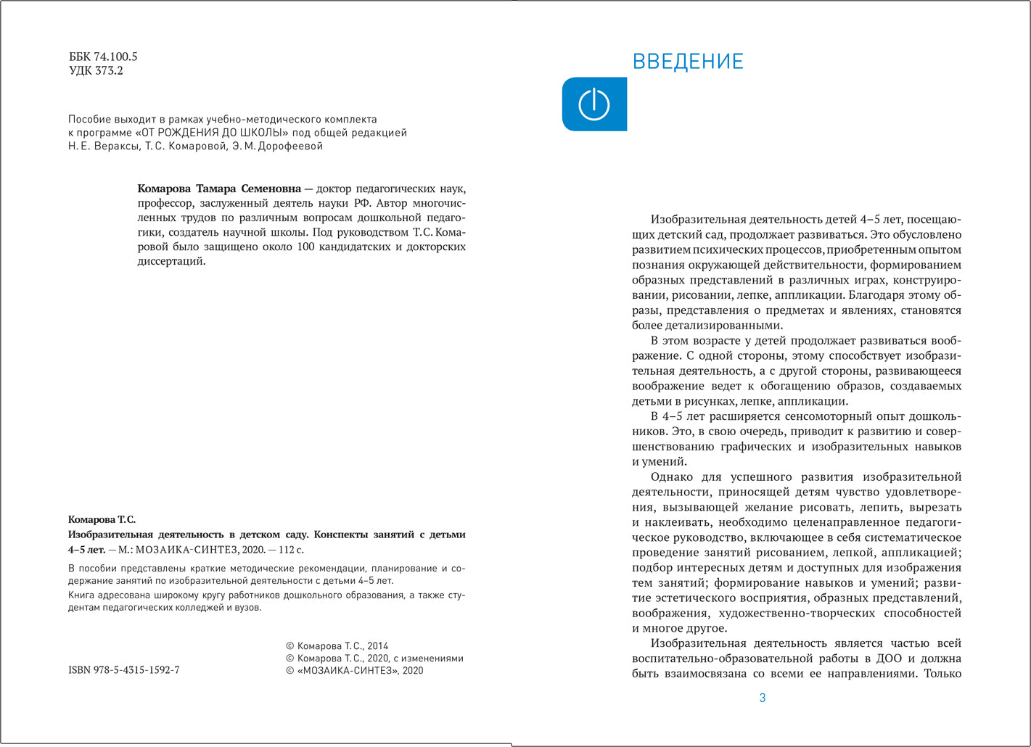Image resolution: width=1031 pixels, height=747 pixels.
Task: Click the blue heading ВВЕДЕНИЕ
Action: (x=688, y=62)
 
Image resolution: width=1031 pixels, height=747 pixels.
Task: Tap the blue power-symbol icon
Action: (x=593, y=104)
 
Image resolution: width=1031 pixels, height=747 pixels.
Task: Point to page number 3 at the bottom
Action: (x=762, y=698)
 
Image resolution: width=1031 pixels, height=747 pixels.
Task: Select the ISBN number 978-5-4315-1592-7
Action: (x=124, y=670)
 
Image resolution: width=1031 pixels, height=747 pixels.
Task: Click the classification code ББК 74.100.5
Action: (x=103, y=57)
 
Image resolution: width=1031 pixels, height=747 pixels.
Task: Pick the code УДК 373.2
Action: (x=96, y=71)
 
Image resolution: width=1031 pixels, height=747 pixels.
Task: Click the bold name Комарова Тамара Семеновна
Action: (x=219, y=189)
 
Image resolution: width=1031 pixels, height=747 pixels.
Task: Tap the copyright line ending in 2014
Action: (x=337, y=645)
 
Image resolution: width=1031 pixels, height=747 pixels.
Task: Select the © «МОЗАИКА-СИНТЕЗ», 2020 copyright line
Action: (x=355, y=671)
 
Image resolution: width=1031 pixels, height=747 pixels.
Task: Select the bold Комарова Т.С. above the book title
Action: (x=102, y=519)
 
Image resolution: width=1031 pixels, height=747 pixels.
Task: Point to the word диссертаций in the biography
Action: (x=171, y=261)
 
